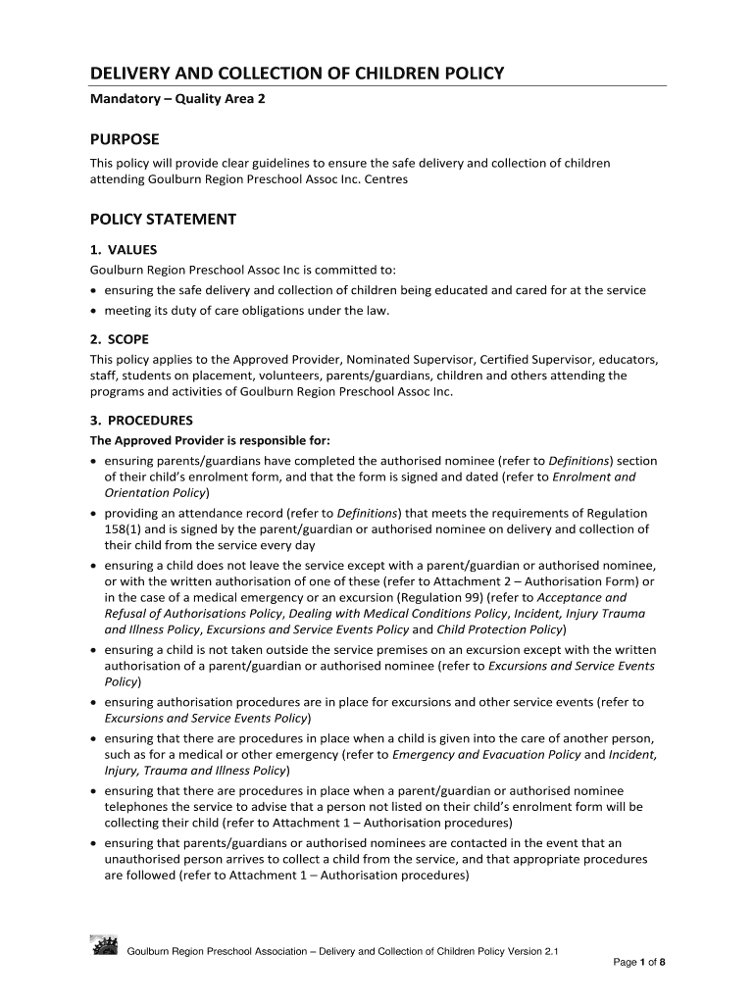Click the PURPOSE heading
click(x=125, y=139)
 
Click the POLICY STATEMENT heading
click(x=164, y=219)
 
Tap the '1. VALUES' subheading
click(x=124, y=249)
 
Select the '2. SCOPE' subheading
click(x=120, y=339)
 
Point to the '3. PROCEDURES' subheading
click(x=141, y=420)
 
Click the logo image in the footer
click(x=104, y=945)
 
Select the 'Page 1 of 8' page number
click(x=639, y=962)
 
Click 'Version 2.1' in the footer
click(x=534, y=951)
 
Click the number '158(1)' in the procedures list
click(x=125, y=529)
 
